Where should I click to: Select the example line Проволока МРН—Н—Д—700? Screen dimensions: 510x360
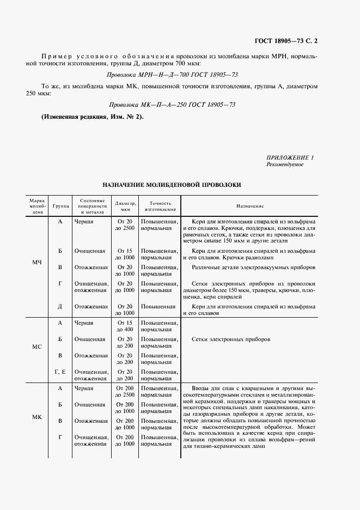tap(172, 74)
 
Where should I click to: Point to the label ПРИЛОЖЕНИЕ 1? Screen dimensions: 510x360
tap(290, 157)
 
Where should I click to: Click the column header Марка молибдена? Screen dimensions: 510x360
tap(36, 206)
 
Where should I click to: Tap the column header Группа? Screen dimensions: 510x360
tap(60, 207)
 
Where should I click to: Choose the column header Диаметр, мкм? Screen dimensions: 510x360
tap(125, 206)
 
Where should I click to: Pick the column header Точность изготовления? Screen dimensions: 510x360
tap(160, 206)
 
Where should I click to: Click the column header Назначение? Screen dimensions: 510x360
tap(250, 207)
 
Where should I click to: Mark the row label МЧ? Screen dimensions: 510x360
tap(36, 263)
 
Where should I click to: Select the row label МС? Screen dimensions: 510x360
tap(36, 347)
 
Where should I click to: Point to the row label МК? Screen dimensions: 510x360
tap(36, 417)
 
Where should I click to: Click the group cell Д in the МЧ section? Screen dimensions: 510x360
tap(60, 306)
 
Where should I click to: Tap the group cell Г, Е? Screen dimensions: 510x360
tap(60, 372)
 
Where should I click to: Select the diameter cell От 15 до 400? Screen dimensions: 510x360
tap(125, 326)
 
